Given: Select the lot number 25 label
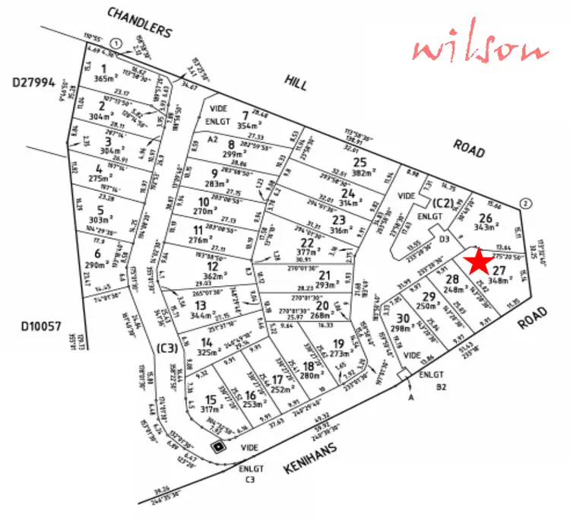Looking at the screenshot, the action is tap(360, 162).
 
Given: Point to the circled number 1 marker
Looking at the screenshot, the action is tap(116, 43).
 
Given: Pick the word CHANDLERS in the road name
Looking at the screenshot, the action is tap(140, 23).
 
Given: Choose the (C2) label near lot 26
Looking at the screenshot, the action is tap(442, 202).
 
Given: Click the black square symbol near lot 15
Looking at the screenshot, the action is tap(220, 446).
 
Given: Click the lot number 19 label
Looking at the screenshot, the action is tap(338, 343).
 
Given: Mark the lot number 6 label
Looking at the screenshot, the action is tap(97, 253).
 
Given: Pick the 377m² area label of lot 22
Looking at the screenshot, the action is tap(306, 253).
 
